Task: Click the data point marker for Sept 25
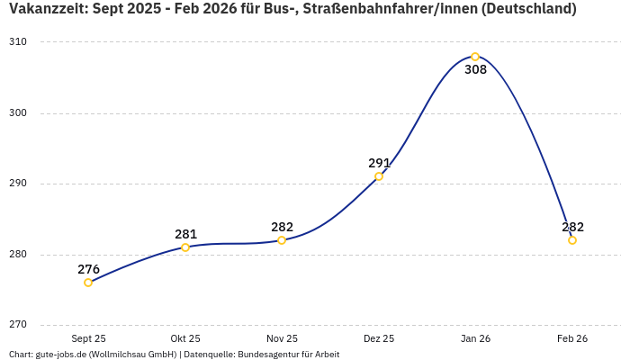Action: (x=88, y=283)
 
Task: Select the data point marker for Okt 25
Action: (x=185, y=247)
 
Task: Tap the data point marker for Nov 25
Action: (x=282, y=240)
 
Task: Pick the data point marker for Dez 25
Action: (x=379, y=176)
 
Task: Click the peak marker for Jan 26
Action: (x=475, y=57)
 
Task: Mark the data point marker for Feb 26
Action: (x=572, y=240)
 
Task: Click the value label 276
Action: (x=88, y=269)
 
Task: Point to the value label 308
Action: (x=475, y=70)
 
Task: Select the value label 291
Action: (x=379, y=163)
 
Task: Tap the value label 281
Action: (x=185, y=234)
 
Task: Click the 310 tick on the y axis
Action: (x=19, y=42)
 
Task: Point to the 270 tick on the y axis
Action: (x=19, y=325)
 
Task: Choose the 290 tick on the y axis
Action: (x=19, y=184)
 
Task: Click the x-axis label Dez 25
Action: (x=379, y=338)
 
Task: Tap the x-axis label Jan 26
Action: (x=475, y=338)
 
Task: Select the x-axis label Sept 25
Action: (x=88, y=338)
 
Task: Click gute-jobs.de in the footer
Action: (x=60, y=355)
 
